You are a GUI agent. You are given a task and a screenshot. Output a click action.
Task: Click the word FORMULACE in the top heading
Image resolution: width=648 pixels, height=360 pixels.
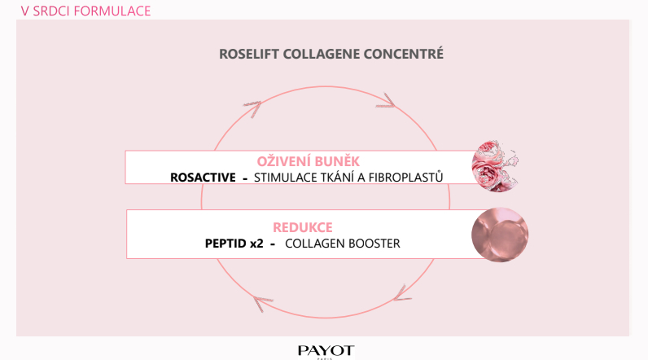[x=112, y=11]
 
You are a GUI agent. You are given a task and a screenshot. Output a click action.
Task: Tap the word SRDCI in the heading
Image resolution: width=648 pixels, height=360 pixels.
[x=51, y=11]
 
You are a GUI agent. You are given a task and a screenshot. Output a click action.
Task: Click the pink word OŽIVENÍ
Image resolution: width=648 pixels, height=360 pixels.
[x=281, y=160]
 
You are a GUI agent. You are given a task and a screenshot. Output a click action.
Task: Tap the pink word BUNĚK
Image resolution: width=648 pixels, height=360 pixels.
[x=335, y=160]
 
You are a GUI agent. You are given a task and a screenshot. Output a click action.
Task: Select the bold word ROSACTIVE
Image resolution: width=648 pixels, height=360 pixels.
[x=203, y=178]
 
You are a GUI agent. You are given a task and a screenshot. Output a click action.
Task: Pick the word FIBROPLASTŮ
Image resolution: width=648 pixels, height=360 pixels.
[x=405, y=178]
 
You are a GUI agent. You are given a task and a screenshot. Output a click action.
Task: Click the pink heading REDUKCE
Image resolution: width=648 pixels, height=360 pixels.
[x=303, y=227]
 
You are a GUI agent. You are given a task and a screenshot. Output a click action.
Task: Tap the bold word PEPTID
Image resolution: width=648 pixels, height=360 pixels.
[x=225, y=244]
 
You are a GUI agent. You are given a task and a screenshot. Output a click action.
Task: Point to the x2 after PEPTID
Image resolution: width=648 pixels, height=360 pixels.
[x=256, y=244]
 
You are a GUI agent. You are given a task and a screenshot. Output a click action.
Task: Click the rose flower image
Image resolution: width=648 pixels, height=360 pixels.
[x=495, y=167]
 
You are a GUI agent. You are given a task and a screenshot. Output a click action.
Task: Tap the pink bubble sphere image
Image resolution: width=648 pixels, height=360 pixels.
[x=500, y=235]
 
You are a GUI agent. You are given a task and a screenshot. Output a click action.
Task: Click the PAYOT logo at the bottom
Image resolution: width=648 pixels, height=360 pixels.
[x=326, y=352]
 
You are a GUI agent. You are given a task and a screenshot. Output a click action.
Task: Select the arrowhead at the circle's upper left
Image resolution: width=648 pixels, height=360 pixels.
[x=253, y=108]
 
